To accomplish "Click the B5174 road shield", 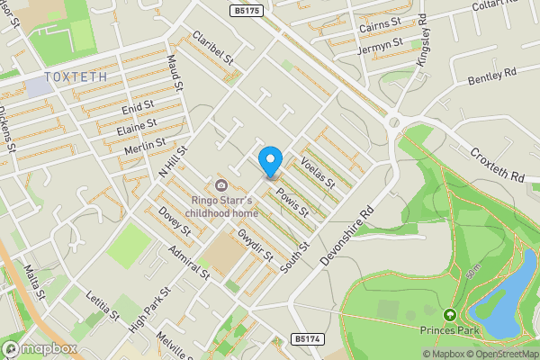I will tap(306, 339).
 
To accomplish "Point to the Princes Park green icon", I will tap(448, 315).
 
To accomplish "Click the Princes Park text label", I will tap(447, 329).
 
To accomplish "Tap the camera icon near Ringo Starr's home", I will tap(220, 185).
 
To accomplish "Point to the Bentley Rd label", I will tap(491, 76).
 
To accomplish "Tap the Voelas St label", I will tap(318, 171).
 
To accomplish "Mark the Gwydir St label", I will tap(256, 244).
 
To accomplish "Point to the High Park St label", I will tap(150, 309).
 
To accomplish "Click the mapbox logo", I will tap(39, 348).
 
